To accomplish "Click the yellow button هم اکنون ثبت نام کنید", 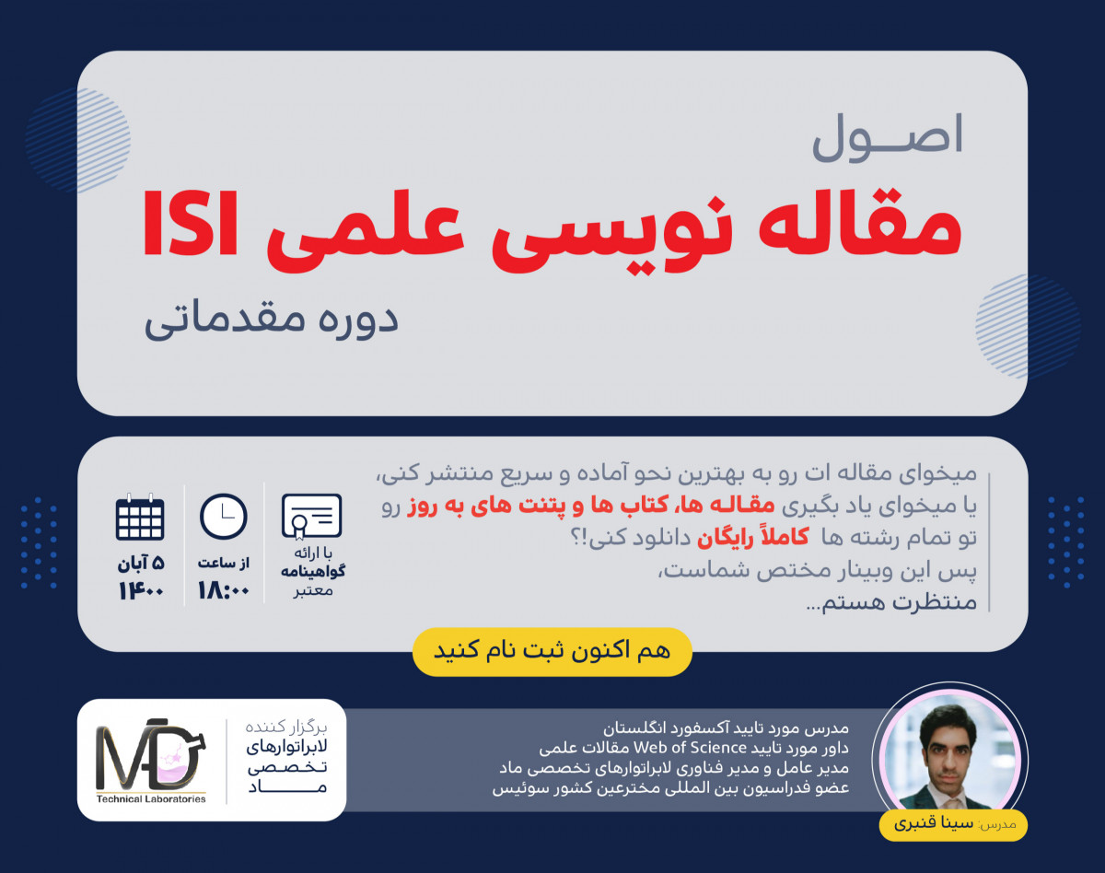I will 552,651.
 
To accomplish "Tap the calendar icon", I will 140,518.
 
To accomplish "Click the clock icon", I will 224,517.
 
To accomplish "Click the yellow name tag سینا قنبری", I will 952,824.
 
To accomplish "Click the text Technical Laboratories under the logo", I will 151,798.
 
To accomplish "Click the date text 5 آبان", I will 141,563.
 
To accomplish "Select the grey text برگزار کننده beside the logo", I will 286,725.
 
